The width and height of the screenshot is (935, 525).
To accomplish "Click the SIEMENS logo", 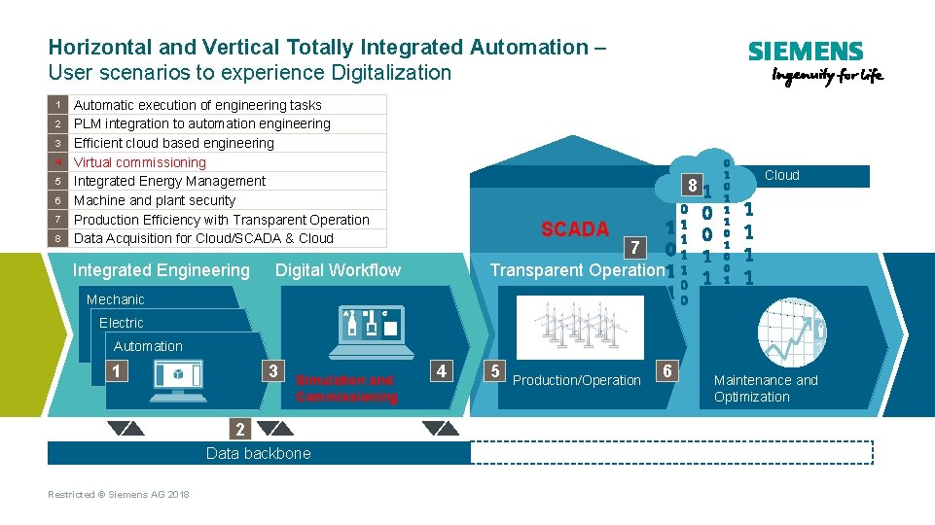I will (805, 52).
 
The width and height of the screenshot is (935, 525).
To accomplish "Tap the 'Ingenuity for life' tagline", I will (826, 77).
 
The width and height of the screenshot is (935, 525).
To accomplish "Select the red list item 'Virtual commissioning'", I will (140, 162).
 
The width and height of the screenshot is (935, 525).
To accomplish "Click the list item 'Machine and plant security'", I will (155, 200).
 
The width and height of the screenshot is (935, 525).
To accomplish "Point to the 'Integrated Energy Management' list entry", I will (169, 181).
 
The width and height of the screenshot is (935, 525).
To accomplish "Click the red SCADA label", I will (574, 229).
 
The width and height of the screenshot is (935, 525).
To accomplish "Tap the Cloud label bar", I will (781, 176).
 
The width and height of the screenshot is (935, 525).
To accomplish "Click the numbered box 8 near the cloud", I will (690, 185).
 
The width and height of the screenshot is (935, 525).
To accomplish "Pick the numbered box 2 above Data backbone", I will (240, 428).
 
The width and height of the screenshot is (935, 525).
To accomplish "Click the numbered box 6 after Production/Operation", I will (667, 370).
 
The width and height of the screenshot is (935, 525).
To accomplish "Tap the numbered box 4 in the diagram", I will (442, 370).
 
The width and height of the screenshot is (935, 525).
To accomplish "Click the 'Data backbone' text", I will (259, 453).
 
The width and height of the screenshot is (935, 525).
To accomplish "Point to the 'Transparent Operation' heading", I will (576, 270).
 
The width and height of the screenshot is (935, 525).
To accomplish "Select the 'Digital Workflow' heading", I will (338, 270).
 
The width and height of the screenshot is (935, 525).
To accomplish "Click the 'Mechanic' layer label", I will (115, 299).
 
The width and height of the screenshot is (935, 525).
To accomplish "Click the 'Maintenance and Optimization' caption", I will (766, 388).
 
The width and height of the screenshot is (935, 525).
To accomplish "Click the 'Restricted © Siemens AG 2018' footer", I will (119, 495).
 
